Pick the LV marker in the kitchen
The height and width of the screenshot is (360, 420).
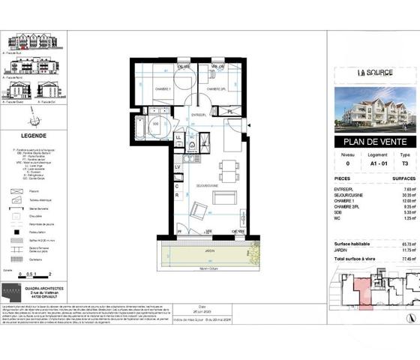pos(177,166)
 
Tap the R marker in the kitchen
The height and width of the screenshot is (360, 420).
pos(177,195)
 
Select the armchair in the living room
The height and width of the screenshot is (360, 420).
pos(198,210)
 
